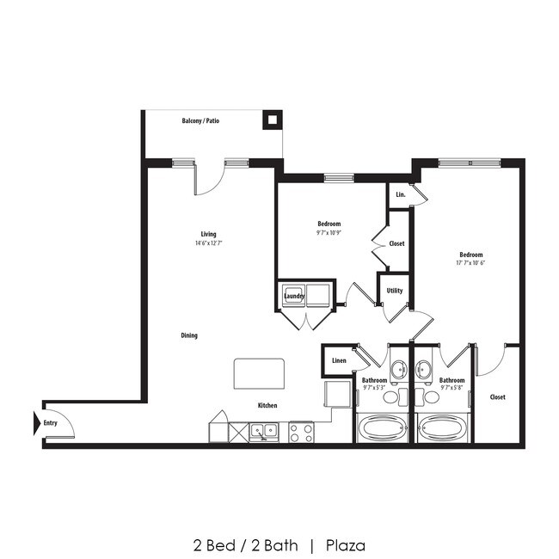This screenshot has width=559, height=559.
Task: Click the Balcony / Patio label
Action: pyautogui.click(x=200, y=121)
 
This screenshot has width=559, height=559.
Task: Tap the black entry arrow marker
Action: pyautogui.click(x=37, y=422)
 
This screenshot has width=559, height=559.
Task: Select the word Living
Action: pyautogui.click(x=208, y=234)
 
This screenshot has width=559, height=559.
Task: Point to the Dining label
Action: pyautogui.click(x=189, y=335)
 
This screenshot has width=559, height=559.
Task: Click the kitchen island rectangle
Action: pyautogui.click(x=260, y=375)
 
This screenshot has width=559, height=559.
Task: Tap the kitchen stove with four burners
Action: pyautogui.click(x=301, y=431)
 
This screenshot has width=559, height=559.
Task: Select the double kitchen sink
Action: pyautogui.click(x=264, y=430)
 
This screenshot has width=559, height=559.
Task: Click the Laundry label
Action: pyautogui.click(x=294, y=296)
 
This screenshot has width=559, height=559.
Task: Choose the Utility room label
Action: pyautogui.click(x=395, y=291)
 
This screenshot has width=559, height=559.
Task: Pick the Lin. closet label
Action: pyautogui.click(x=400, y=195)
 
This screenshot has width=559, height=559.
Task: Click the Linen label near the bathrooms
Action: pyautogui.click(x=339, y=360)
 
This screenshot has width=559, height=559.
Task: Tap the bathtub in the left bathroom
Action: pyautogui.click(x=384, y=427)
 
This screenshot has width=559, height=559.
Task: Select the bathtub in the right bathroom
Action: pyautogui.click(x=443, y=427)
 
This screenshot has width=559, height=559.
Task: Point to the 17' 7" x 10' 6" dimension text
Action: pyautogui.click(x=470, y=263)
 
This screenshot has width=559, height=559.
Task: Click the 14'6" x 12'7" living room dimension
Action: pyautogui.click(x=208, y=243)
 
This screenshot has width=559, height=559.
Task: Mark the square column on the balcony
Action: pyautogui.click(x=272, y=120)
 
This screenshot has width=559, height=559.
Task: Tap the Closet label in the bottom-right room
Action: pyautogui.click(x=497, y=397)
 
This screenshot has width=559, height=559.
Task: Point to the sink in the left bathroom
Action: pyautogui.click(x=399, y=371)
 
